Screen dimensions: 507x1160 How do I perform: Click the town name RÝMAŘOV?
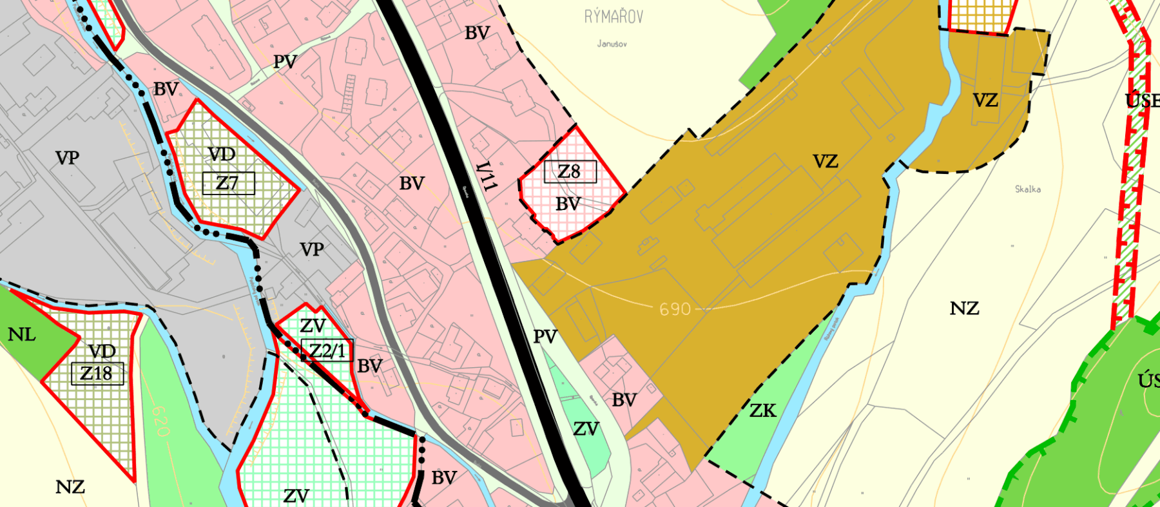[x=613, y=17]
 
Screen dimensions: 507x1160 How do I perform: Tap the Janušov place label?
[x=612, y=44]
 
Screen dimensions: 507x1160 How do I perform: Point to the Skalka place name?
[x=1027, y=189]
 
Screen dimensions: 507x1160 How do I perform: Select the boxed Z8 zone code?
[x=570, y=171]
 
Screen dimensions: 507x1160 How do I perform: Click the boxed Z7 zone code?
[x=228, y=183]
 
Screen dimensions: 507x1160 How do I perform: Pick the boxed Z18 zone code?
[x=97, y=373]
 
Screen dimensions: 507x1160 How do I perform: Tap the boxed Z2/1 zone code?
[x=327, y=350]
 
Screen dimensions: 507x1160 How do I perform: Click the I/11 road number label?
[x=487, y=176]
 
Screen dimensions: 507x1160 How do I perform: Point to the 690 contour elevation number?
[x=675, y=309]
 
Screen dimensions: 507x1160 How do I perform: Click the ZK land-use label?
[x=763, y=410]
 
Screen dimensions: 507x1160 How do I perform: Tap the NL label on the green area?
[x=21, y=334]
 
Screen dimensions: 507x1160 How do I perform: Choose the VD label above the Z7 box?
[x=221, y=155]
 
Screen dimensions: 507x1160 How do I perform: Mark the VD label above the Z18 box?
[x=102, y=351]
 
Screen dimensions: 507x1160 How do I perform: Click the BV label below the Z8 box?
[x=568, y=204]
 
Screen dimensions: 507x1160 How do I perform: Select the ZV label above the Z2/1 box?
[x=313, y=325]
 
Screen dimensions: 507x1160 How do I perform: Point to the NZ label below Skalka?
[x=964, y=309]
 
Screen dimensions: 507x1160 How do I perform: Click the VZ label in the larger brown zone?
[x=825, y=161]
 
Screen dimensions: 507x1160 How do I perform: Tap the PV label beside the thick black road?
[x=545, y=336]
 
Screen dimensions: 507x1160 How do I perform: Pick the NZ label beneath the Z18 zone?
[x=70, y=487]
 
